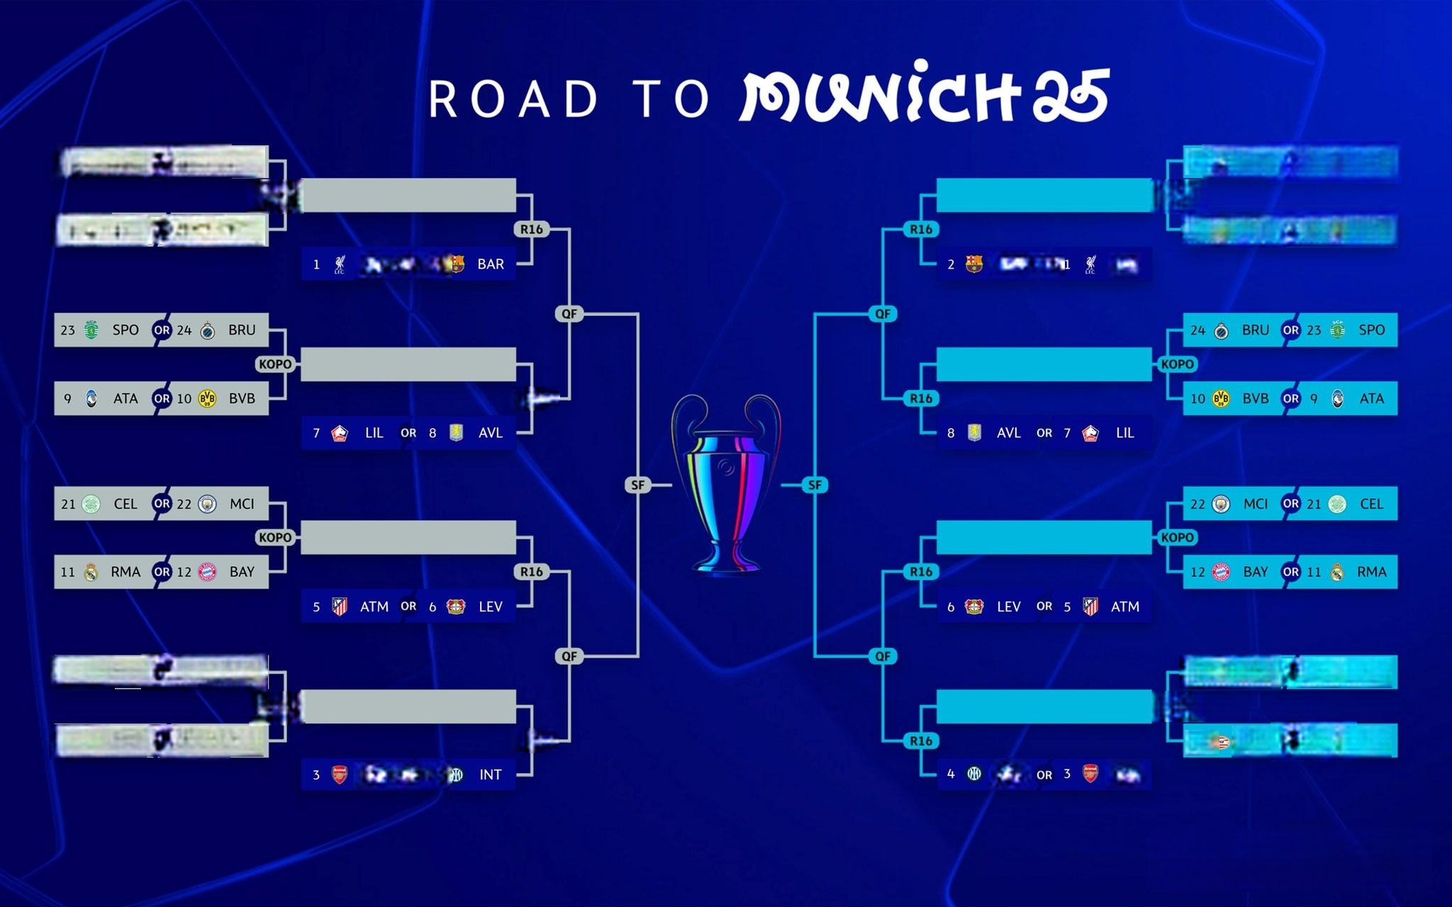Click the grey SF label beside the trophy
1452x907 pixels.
coord(638,485)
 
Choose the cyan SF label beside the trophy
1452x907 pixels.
coord(815,485)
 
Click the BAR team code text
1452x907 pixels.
coord(491,264)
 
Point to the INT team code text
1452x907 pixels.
coord(490,774)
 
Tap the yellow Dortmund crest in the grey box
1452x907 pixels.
coord(207,399)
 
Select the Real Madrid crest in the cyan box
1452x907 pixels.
coord(1336,573)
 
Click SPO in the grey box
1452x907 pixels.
coord(125,330)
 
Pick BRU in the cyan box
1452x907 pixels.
coord(1255,330)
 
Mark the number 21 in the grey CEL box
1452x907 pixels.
coord(68,504)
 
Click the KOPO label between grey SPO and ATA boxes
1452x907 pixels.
coord(275,364)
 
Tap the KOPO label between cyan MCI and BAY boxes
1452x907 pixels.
coord(1177,538)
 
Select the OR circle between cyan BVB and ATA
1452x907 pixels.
coord(1290,399)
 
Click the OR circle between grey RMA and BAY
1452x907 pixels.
coord(162,572)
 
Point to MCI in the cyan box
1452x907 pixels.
coord(1255,504)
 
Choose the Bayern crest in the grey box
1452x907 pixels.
coord(207,573)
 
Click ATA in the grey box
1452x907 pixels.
coord(125,399)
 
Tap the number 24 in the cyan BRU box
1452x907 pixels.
coord(1197,330)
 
